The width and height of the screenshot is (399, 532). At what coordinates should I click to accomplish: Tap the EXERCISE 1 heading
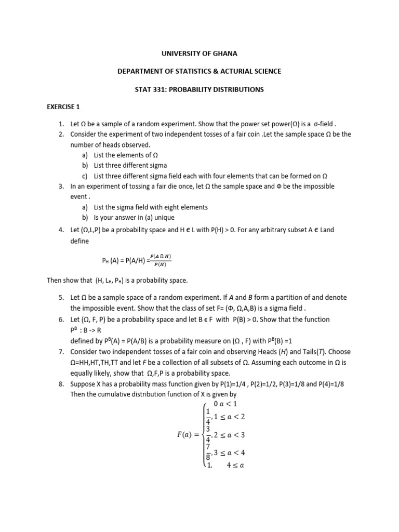tap(63, 107)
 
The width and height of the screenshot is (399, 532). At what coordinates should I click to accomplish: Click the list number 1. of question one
tap(61, 125)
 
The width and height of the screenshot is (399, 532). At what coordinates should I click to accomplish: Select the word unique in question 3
tap(162, 217)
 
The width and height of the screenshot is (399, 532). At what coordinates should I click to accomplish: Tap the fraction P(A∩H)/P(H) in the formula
tap(160, 260)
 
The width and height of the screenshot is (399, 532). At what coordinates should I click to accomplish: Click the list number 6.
tap(61, 318)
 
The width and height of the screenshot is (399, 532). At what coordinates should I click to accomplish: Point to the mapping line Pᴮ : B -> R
tap(89, 329)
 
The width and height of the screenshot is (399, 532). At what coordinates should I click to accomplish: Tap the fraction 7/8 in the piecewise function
tap(209, 452)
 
